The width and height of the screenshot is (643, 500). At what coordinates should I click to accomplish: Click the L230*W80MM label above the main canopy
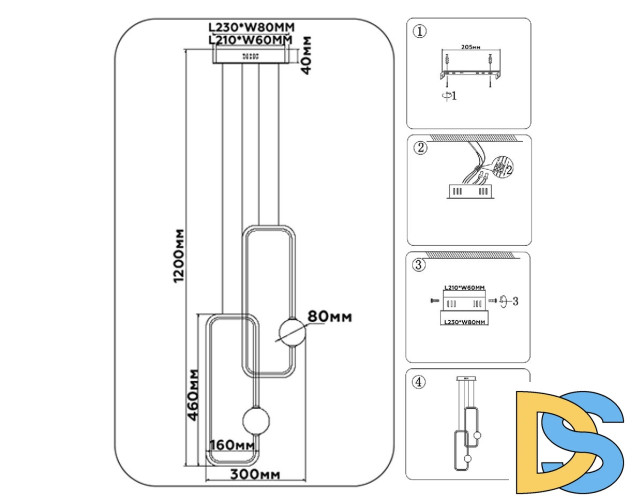click(249, 28)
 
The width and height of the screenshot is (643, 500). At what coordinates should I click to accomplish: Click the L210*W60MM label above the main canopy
click(249, 40)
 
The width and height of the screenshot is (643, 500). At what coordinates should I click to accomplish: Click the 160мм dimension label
click(231, 445)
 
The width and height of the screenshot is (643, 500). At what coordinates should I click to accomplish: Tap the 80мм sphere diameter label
click(330, 317)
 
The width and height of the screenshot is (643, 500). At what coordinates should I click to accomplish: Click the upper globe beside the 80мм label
click(288, 331)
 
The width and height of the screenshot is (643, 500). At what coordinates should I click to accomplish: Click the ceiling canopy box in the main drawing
click(250, 56)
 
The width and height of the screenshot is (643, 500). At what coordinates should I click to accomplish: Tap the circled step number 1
click(420, 31)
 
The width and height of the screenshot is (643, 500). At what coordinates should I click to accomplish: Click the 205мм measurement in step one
click(467, 47)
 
